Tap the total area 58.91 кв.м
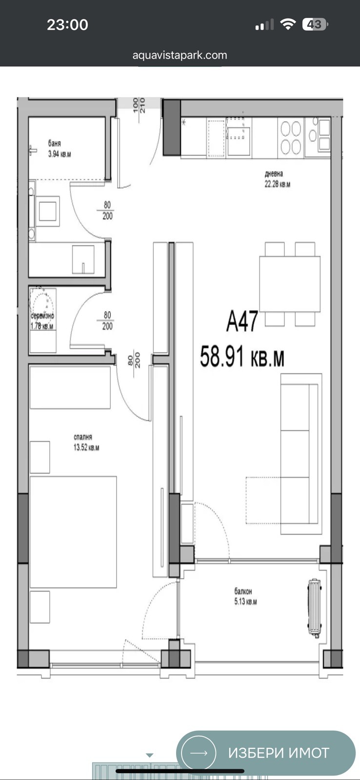click(x=242, y=356)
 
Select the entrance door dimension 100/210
click(x=139, y=106)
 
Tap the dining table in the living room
click(x=290, y=284)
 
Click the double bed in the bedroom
click(x=73, y=532)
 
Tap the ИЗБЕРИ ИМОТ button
click(x=266, y=753)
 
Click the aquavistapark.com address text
click(x=180, y=55)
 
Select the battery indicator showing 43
click(x=315, y=24)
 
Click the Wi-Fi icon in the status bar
click(x=289, y=24)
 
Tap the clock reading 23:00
click(x=67, y=24)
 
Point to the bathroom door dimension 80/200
click(x=107, y=211)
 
